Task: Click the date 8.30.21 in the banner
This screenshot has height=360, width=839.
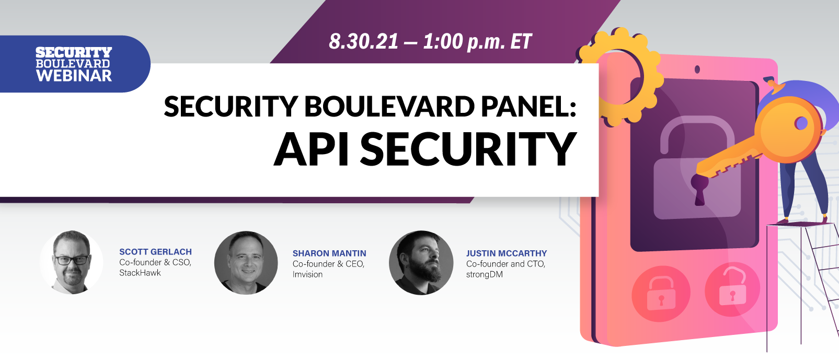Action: tap(363, 42)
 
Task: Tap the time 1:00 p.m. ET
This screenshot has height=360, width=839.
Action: tap(477, 42)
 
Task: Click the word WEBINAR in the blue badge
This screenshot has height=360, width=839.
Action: tap(74, 76)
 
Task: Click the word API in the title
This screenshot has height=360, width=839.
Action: tap(312, 149)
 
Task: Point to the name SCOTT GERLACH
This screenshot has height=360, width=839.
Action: tap(155, 252)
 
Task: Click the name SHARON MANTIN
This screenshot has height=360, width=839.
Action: tap(329, 253)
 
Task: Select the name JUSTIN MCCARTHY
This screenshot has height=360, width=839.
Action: tap(506, 253)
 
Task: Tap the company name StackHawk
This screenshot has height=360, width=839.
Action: tap(140, 273)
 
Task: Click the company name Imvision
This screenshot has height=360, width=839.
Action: tap(307, 274)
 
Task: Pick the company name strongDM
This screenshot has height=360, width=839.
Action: tap(484, 274)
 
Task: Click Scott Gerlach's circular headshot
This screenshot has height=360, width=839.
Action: tap(72, 262)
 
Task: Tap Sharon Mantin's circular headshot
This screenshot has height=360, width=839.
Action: tap(246, 263)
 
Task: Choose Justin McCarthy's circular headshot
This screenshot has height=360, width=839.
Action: tap(421, 263)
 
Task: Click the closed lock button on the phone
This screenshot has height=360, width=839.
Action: tap(661, 294)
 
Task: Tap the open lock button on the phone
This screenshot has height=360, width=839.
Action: tap(732, 289)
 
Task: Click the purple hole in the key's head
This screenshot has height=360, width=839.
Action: tap(801, 123)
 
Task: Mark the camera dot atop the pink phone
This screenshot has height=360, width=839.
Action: tap(697, 69)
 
